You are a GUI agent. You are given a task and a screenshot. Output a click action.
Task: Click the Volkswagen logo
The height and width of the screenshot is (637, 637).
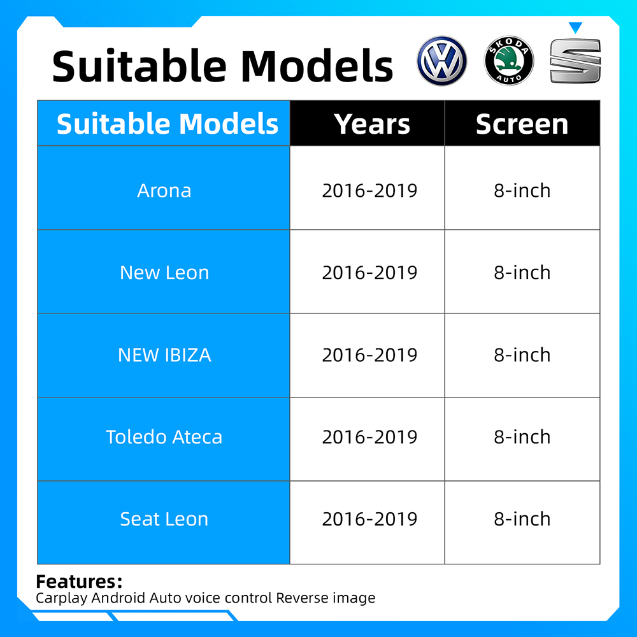pyautogui.click(x=442, y=61)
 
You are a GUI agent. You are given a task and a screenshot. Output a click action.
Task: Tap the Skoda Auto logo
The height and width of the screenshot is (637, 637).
pyautogui.click(x=508, y=61)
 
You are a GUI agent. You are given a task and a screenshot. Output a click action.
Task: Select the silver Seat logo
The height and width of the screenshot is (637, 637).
pyautogui.click(x=575, y=61)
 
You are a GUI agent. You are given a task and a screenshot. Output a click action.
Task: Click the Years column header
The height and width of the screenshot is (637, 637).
pyautogui.click(x=373, y=124)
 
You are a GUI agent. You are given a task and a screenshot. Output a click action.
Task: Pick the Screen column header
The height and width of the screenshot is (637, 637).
pyautogui.click(x=522, y=124)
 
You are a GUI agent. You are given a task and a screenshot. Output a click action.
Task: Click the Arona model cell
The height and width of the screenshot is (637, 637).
pyautogui.click(x=164, y=190)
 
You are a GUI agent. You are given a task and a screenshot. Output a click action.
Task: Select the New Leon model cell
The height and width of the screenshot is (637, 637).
pyautogui.click(x=164, y=273)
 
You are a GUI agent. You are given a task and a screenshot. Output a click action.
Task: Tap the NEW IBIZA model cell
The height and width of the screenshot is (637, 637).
pyautogui.click(x=164, y=355)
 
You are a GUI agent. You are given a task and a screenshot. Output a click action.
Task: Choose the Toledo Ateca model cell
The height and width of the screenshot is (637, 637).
pyautogui.click(x=164, y=437)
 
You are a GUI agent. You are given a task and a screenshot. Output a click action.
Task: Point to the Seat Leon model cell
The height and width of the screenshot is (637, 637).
pyautogui.click(x=164, y=519)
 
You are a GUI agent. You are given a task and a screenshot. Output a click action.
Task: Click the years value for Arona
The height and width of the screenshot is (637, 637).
pyautogui.click(x=369, y=190)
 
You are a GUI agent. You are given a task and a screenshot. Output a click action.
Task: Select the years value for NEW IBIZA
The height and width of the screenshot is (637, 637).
pyautogui.click(x=369, y=355)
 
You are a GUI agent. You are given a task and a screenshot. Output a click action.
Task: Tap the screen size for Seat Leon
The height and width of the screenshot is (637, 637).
pyautogui.click(x=522, y=519)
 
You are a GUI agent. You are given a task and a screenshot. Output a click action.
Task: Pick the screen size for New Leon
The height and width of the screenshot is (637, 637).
pyautogui.click(x=522, y=273)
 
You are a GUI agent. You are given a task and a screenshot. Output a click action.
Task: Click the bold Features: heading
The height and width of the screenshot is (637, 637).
pyautogui.click(x=79, y=582)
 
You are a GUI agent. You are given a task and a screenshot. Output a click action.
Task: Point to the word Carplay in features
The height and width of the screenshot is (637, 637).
pyautogui.click(x=62, y=598)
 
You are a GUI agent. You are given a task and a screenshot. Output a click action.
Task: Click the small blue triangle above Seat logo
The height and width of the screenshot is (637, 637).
pyautogui.click(x=575, y=27)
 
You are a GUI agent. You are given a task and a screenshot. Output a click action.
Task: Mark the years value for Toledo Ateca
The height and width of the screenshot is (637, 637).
pyautogui.click(x=369, y=437)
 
